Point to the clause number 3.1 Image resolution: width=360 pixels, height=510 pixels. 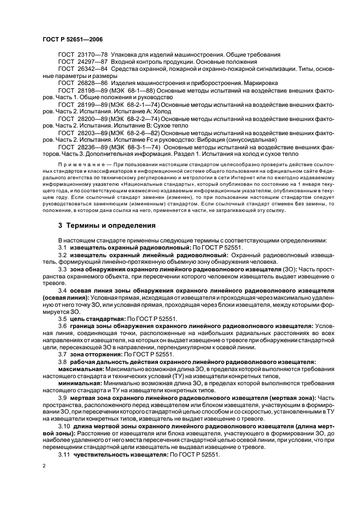[63, 247]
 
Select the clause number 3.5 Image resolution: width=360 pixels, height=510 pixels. [63, 318]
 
